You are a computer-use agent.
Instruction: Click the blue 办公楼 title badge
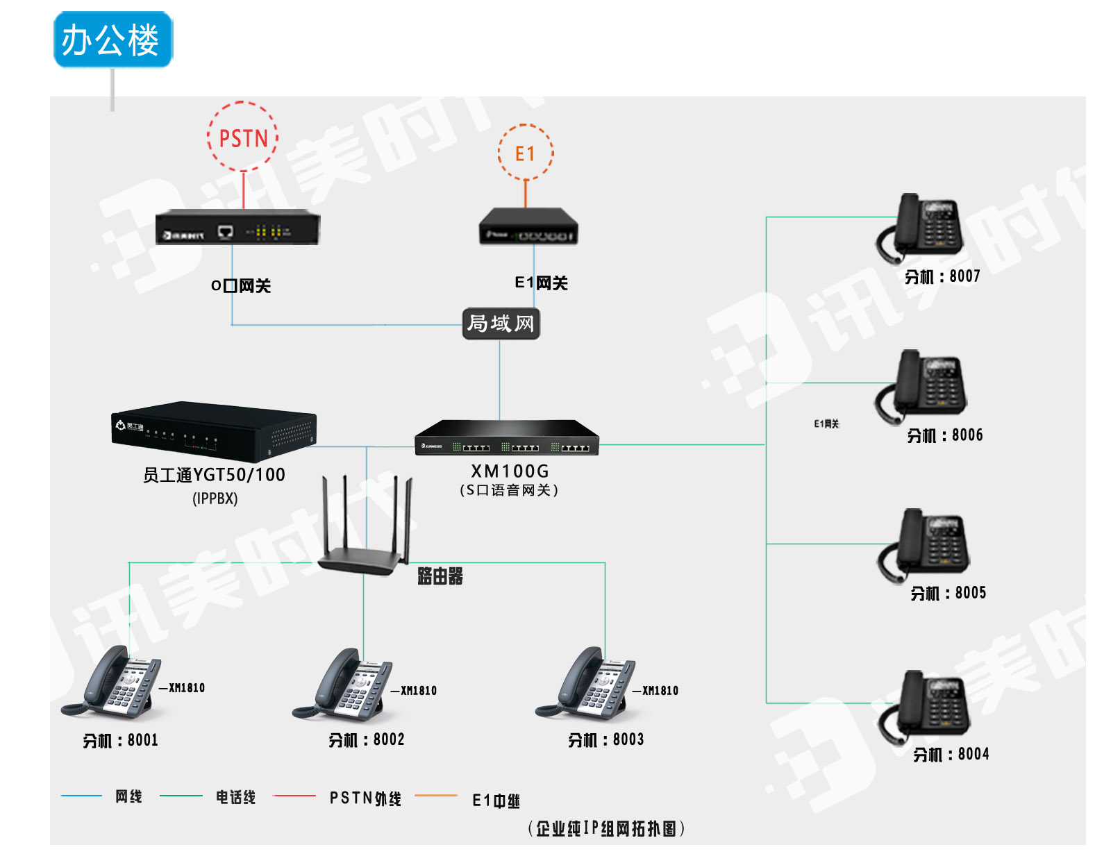coord(112,40)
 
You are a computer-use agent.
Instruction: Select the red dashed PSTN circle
coord(242,137)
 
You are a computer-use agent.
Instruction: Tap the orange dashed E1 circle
coord(526,153)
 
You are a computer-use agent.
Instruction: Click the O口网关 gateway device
coord(237,228)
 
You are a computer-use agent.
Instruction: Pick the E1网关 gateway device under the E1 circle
coord(528,226)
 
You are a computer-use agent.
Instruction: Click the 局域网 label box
coord(501,324)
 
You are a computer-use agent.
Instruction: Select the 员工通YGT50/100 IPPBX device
coord(214,432)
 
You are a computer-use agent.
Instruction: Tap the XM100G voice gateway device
coord(507,438)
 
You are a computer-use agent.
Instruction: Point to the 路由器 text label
coord(440,576)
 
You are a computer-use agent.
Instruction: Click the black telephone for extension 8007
coord(921,226)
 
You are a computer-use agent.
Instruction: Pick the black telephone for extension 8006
coord(922,385)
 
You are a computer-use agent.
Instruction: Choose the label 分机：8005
coord(948,594)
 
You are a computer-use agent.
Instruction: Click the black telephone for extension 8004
coord(925,705)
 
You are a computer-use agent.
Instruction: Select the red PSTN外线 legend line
coord(294,796)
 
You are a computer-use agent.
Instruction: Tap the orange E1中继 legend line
coord(436,796)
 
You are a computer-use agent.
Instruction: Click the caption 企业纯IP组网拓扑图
coord(606,828)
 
